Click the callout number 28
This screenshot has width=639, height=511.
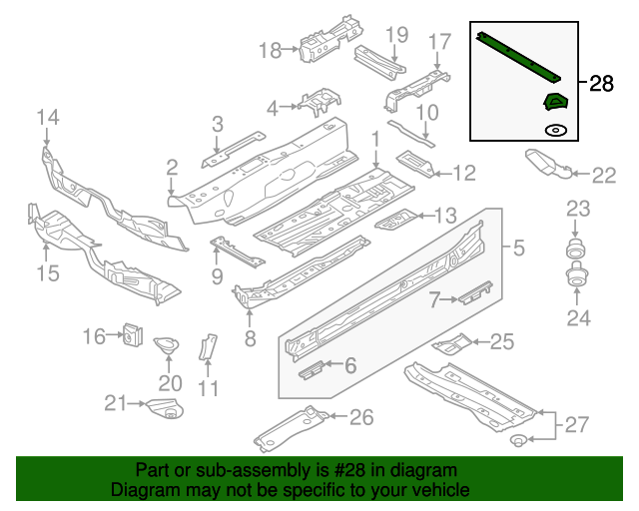[x=602, y=84]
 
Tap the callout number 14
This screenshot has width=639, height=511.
[x=48, y=120]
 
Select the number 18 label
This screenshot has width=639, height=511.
[x=272, y=50]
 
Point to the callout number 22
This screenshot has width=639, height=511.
[x=604, y=176]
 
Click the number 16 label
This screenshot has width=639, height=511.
[x=94, y=337]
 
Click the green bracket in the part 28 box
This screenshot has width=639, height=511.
[x=554, y=101]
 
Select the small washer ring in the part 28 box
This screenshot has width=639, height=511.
[x=554, y=130]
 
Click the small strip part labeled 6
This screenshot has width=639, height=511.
[x=312, y=368]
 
